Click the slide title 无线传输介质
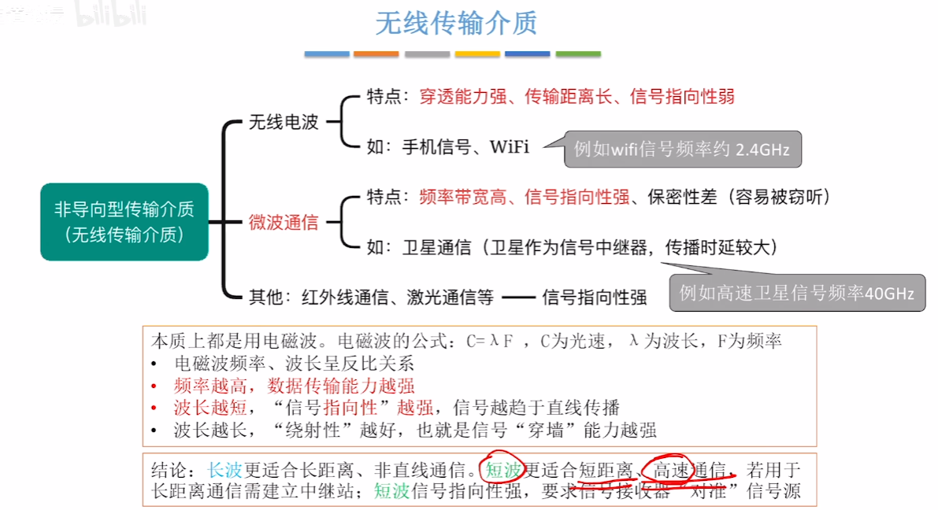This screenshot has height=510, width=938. click(x=456, y=24)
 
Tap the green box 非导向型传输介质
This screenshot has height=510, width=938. click(x=124, y=222)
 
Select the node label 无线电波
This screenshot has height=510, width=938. click(x=284, y=122)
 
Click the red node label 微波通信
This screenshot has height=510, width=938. click(x=284, y=223)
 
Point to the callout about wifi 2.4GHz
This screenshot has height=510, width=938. click(x=682, y=150)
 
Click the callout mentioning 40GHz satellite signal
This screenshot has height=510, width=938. click(x=796, y=294)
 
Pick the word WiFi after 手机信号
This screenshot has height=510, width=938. click(x=510, y=146)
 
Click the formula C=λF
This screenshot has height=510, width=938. click(x=491, y=343)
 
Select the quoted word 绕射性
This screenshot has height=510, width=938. click(x=324, y=430)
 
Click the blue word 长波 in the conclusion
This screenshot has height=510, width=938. click(x=224, y=471)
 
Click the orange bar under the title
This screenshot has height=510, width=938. click(x=376, y=54)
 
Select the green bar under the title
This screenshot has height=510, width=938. click(x=578, y=54)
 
